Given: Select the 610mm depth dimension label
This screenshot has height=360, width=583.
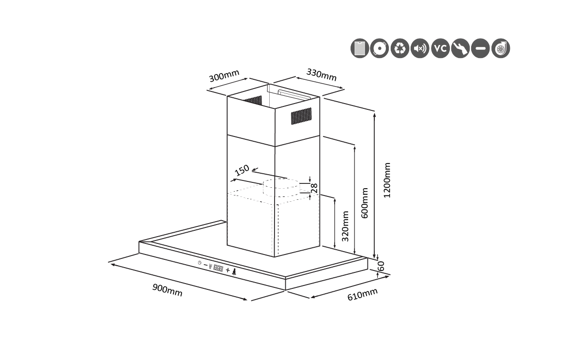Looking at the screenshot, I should [362, 294].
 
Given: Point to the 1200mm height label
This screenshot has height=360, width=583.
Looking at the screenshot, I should [386, 180].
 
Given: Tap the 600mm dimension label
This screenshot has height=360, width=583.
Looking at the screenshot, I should [365, 203].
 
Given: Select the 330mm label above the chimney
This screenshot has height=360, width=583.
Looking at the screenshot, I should [322, 74].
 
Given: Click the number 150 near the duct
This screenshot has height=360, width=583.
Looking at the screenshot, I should [242, 170].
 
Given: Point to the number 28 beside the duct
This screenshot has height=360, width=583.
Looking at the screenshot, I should [314, 188].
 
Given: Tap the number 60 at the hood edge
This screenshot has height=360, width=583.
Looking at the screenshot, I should [381, 266].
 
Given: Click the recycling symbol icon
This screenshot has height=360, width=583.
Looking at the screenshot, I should [400, 48].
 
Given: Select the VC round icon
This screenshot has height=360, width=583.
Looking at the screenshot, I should [440, 48].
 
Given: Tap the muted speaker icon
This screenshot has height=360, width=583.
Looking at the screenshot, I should [420, 48].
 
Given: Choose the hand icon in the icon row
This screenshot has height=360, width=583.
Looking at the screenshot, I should [460, 48].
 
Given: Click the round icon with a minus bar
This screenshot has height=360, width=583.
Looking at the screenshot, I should [480, 48].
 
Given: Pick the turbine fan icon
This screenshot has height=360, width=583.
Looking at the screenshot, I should [501, 48].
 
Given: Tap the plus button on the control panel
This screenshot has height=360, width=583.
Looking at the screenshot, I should [228, 269].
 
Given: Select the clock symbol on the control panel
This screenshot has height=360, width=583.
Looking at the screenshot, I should [199, 263].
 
